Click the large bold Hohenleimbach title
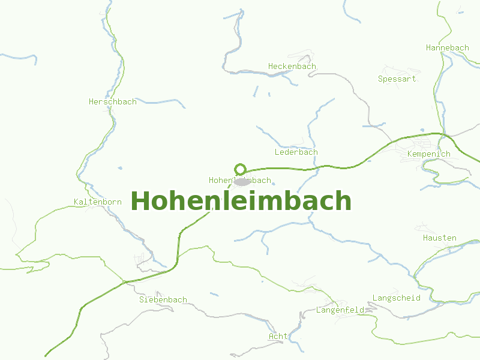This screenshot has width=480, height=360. coord(241,201)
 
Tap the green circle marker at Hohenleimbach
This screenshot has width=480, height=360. coord(241,169)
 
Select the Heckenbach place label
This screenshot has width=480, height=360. coord(292,66)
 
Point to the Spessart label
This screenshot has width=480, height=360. coord(397,79)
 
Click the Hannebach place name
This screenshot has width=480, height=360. coord(448,47)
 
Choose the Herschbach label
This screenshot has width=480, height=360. coord(113,101)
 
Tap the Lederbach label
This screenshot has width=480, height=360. coord(296,152)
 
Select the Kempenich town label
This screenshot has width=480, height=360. coord(428,154)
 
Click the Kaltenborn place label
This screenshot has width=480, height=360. coord(98,202)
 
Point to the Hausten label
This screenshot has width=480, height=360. coord(440,238)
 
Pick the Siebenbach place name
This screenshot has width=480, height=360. coord(163,299)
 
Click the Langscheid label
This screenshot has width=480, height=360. coord(397,298)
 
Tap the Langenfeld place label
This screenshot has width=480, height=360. coord(340,310)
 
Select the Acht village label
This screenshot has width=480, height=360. coord(278,336)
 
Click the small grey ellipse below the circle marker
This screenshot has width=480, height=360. coord(241,182)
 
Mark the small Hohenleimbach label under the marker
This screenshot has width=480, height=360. coord(240,180)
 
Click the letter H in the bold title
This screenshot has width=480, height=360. coord(140,201)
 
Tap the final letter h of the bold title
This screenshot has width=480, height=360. coord(343,201)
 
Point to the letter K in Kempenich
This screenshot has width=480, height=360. coord(409,154)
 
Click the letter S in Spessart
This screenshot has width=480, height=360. coord(380,79)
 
